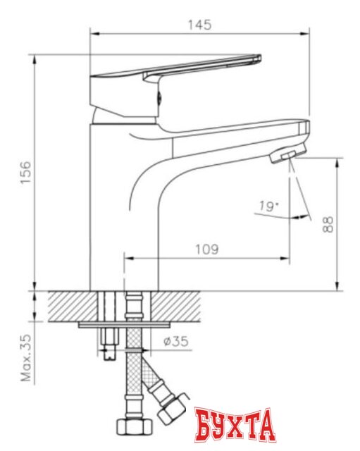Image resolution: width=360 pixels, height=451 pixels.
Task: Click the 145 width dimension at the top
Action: click(201, 24)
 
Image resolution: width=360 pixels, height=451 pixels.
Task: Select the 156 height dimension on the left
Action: click(26, 172)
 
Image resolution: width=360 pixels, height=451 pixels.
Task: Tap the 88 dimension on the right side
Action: click(328, 224)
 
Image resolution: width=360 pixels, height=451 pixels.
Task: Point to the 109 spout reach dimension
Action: click(206, 249)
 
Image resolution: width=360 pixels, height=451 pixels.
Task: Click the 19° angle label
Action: click(267, 206)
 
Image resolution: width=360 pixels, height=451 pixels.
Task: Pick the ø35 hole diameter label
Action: click(178, 343)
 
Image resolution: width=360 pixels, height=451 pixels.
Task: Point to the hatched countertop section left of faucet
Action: click(70, 304)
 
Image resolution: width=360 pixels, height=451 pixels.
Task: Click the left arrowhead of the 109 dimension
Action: click(128, 259)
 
